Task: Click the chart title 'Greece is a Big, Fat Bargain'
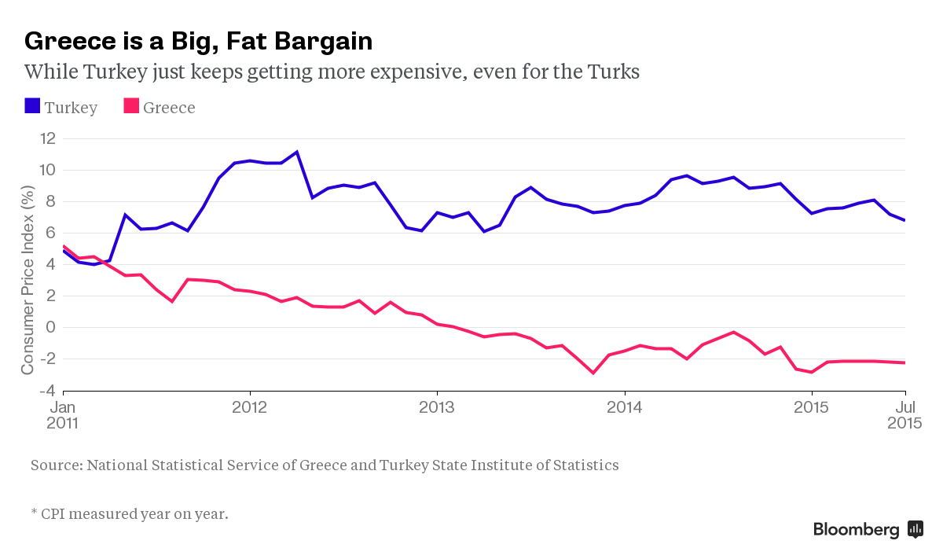pos(198,40)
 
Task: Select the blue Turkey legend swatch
pos(32,106)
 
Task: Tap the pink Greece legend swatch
pos(131,106)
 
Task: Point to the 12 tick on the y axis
pos(48,138)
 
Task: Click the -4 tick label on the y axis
pos(48,391)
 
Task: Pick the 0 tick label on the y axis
pos(51,327)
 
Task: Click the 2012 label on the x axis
pos(249,408)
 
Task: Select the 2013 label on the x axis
pos(437,408)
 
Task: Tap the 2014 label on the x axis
pos(624,408)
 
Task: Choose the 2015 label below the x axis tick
pos(811,408)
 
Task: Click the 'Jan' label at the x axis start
pos(63,407)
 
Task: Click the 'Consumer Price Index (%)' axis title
pos(28,280)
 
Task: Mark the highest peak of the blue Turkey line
pos(297,152)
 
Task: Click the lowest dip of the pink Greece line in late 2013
pos(593,373)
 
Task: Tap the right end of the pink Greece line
pos(905,362)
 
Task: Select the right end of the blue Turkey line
pos(905,220)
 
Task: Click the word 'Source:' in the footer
pos(56,465)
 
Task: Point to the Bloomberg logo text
pos(856,530)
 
